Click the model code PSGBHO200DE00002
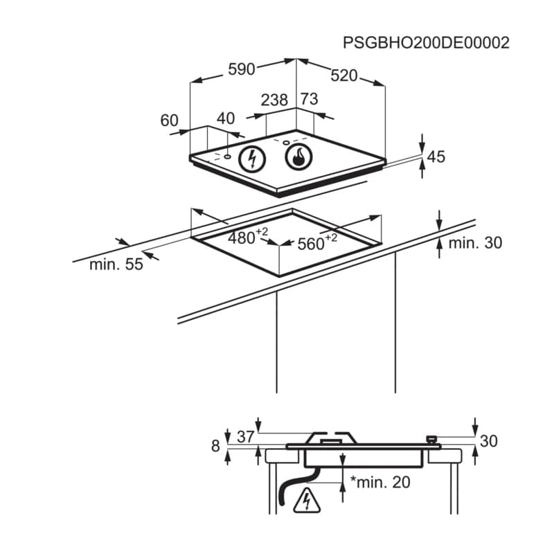coord(426,43)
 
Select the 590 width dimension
coord(241,69)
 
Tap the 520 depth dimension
coord(343,76)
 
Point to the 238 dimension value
coord(274,100)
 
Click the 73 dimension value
coord(309,99)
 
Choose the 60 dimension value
coord(169,120)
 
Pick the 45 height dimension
coord(436,157)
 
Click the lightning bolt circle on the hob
coord(252,159)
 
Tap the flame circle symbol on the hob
coord(299,157)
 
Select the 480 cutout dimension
coord(248,237)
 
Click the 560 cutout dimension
coord(317,242)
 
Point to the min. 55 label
coord(116,265)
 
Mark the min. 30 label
coord(475,243)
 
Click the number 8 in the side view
coord(215,446)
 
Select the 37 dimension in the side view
coord(246,437)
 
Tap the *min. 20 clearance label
coord(380,482)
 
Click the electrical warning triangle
coord(307,501)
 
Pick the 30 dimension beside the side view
coord(489,441)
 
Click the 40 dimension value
coord(226,118)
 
